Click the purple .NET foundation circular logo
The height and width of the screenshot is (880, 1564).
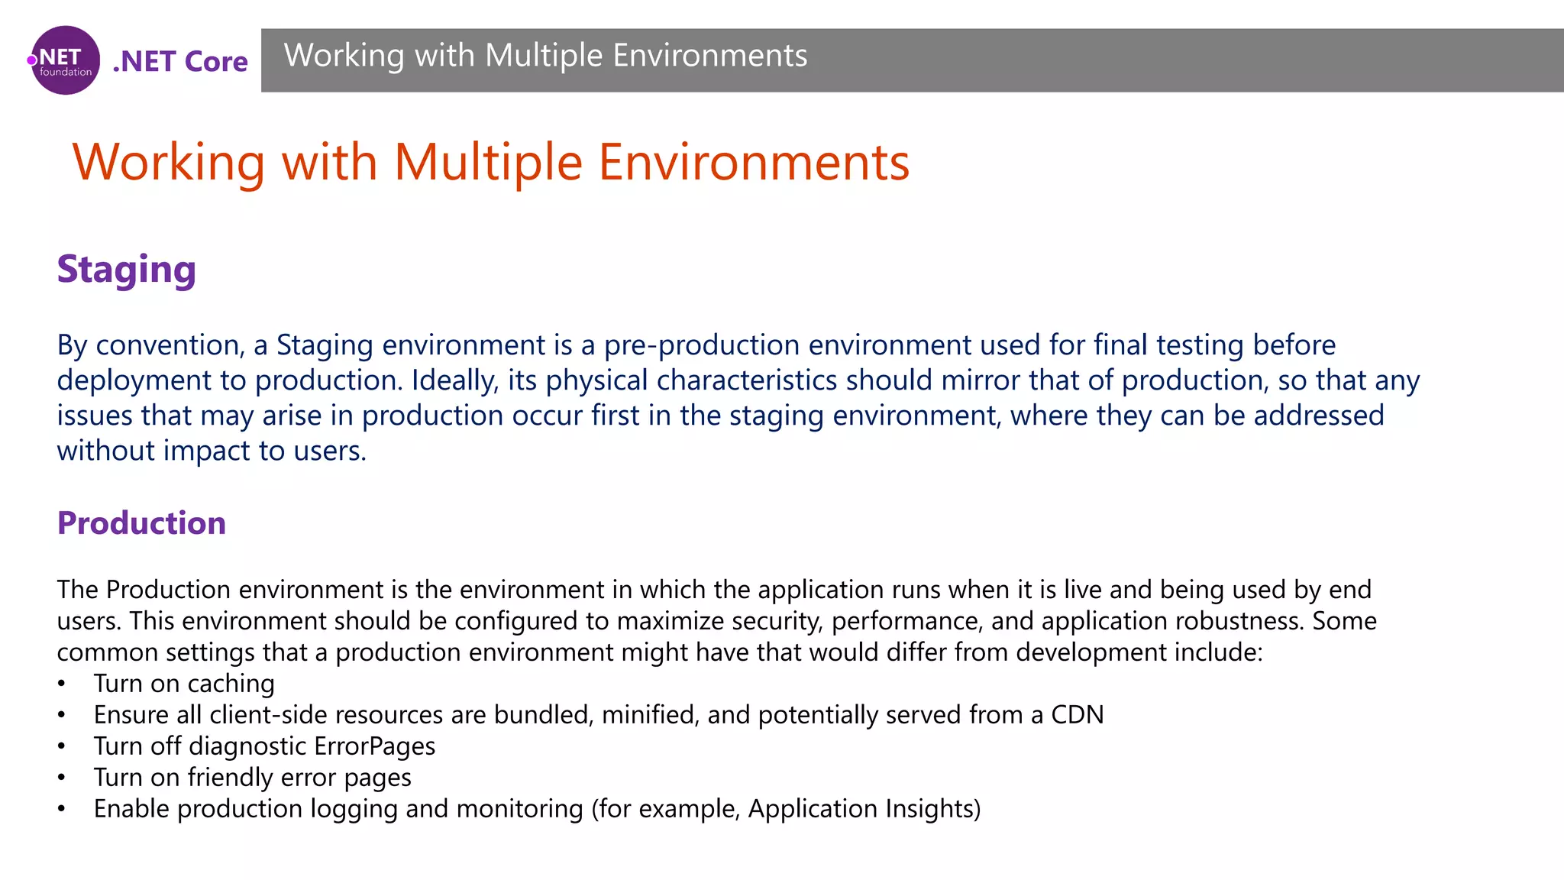coord(66,60)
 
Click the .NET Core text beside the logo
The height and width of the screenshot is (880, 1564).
coord(180,61)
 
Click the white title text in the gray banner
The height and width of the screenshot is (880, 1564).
coord(545,56)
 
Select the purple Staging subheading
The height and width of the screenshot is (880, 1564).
coord(127,270)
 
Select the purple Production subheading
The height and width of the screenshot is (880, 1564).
coord(141,523)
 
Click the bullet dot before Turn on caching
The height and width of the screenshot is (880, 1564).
coord(61,684)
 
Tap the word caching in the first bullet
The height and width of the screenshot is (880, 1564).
coord(231,684)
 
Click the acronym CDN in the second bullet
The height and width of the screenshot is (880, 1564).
coord(1077,715)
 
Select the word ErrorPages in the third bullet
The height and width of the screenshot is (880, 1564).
coord(374,746)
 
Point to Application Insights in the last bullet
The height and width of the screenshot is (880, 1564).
coord(863,809)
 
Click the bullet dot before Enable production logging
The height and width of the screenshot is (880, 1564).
coord(61,809)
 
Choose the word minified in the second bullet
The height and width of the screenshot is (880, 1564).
coord(650,715)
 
